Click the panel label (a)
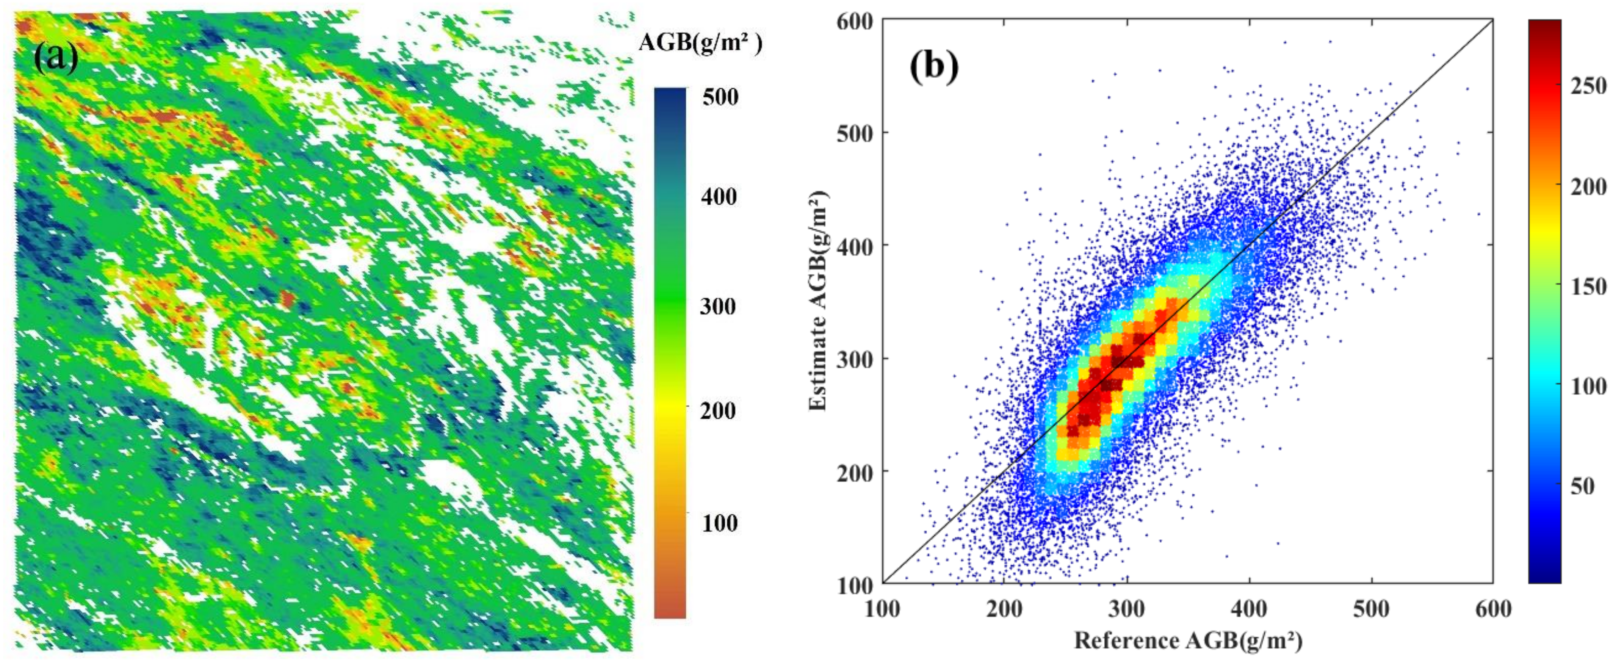click(56, 58)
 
